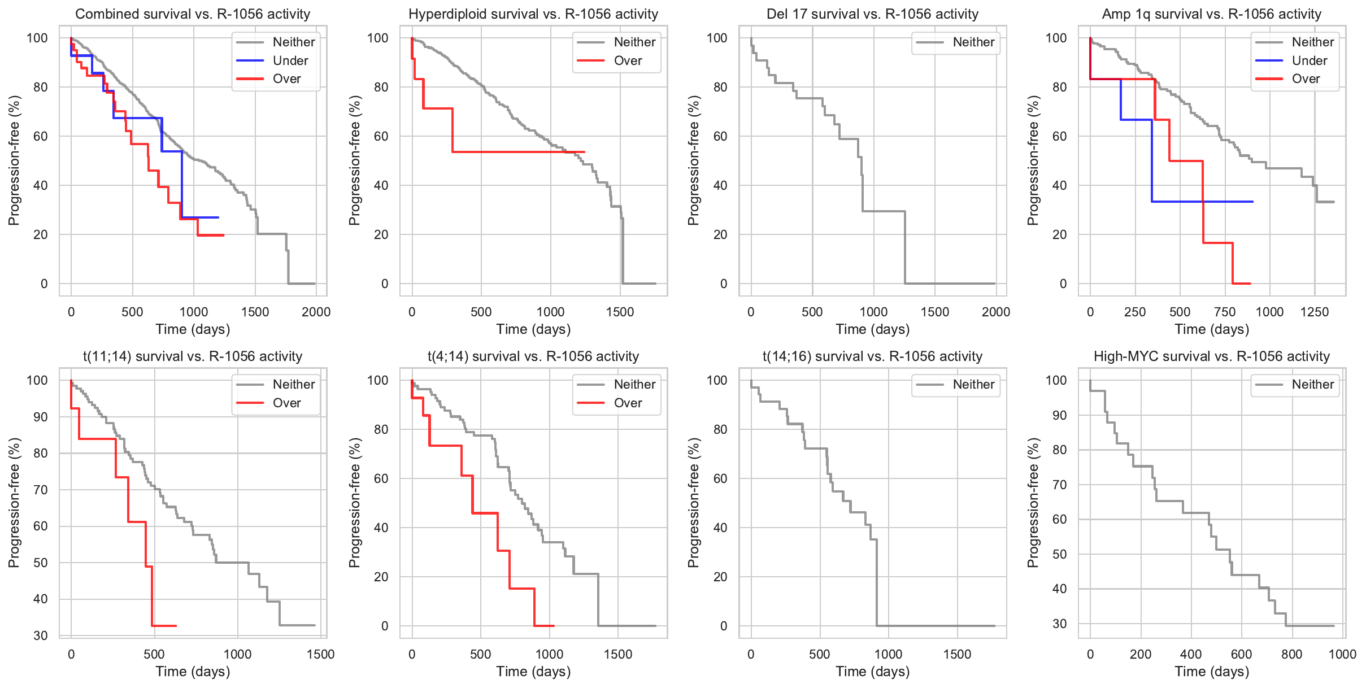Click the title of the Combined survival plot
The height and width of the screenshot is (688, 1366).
click(193, 14)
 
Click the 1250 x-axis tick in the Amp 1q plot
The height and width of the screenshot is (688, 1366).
click(1315, 312)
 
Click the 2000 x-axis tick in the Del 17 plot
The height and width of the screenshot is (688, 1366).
click(996, 312)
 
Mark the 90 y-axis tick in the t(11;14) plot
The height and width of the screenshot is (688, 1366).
click(41, 417)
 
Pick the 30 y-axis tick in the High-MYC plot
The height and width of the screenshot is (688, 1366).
click(1060, 624)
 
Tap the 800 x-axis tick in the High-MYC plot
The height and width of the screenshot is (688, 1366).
click(1291, 654)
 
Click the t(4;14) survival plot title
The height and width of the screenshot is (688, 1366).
click(533, 356)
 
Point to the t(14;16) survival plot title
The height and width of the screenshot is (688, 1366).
click(872, 356)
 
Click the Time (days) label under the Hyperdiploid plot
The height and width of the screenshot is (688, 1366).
click(533, 329)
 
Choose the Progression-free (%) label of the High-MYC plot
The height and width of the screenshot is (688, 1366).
click(1033, 503)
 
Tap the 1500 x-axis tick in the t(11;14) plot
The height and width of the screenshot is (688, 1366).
click(320, 654)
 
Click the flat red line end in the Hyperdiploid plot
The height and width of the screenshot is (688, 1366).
click(583, 152)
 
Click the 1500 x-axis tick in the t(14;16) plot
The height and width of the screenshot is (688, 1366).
click(957, 654)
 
